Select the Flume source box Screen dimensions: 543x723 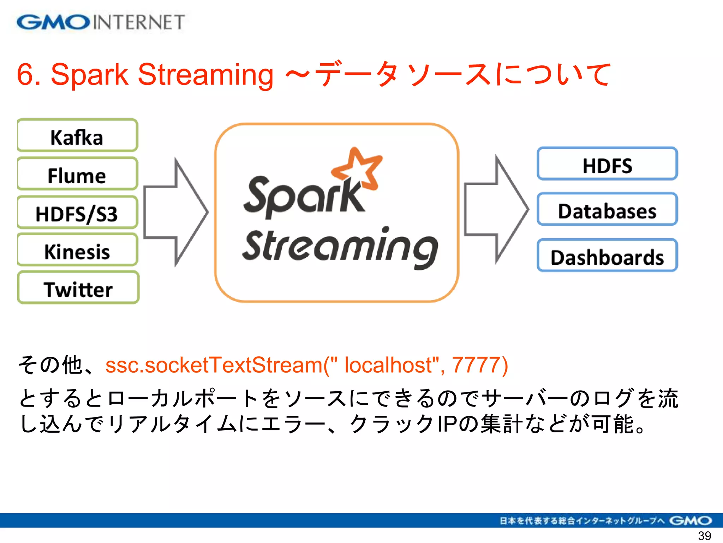(x=77, y=174)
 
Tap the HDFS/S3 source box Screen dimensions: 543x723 (x=77, y=213)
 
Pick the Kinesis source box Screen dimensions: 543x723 (x=77, y=251)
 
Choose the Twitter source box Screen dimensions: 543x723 (x=78, y=288)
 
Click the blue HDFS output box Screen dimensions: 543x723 (x=607, y=164)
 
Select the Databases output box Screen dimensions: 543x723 (x=607, y=210)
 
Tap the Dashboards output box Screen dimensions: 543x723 (x=607, y=256)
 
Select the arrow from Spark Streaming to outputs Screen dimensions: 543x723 (x=496, y=209)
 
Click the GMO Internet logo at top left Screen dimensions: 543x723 (x=101, y=22)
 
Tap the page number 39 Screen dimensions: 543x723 (x=704, y=536)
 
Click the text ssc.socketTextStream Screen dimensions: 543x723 (x=214, y=365)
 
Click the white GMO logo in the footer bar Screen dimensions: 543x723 (x=690, y=521)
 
